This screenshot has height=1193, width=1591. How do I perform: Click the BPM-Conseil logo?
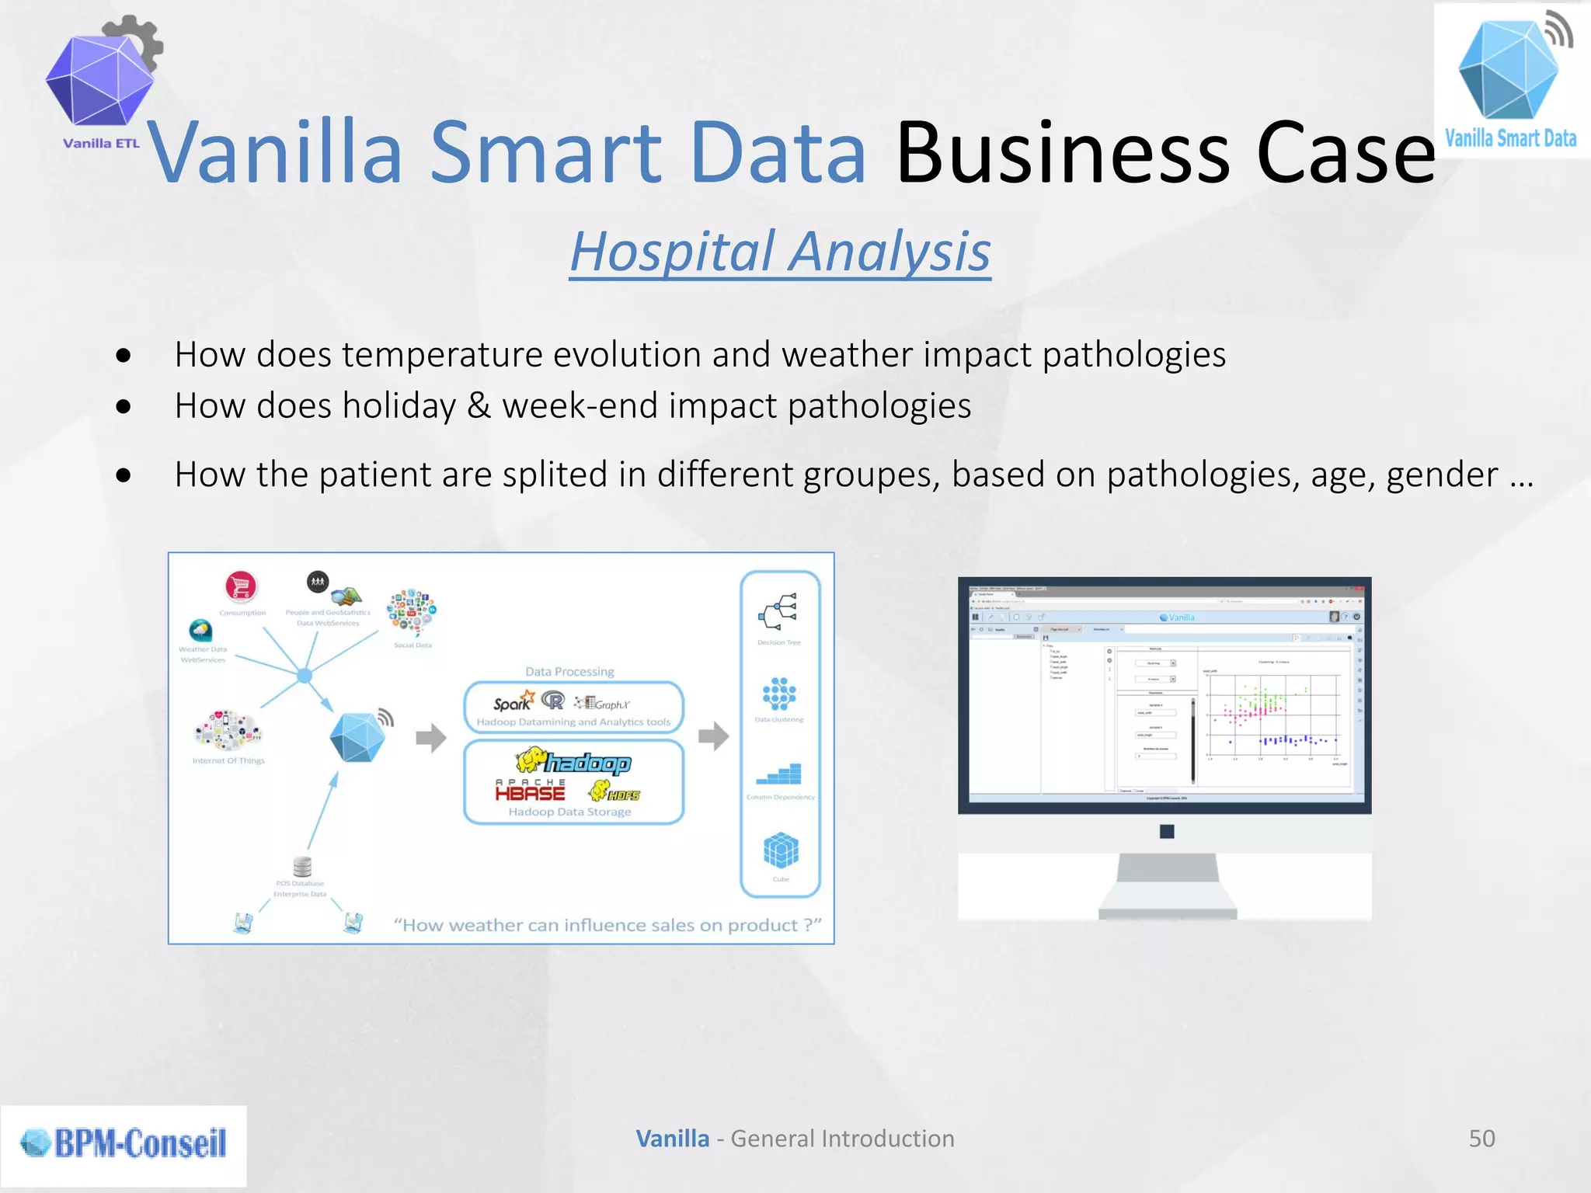(124, 1143)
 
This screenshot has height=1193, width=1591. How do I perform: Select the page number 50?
(1481, 1139)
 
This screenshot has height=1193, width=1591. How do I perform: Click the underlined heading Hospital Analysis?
(780, 252)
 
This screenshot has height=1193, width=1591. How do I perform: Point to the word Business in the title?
(1062, 153)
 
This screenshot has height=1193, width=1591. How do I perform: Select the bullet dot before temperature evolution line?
(123, 356)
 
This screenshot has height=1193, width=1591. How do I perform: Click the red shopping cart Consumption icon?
(241, 586)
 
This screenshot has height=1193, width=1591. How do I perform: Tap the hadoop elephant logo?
(575, 762)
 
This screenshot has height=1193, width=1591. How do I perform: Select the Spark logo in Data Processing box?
(514, 702)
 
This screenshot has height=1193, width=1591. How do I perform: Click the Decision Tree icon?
(778, 611)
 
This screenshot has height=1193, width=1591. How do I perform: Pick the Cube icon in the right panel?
(781, 851)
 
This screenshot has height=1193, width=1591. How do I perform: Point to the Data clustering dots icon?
(779, 694)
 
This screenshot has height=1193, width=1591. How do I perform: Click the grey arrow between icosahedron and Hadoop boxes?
(431, 738)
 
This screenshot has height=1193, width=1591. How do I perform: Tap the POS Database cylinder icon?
(302, 865)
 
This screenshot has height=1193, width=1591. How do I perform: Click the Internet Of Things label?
(228, 760)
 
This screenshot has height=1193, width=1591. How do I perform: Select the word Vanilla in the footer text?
(672, 1139)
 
